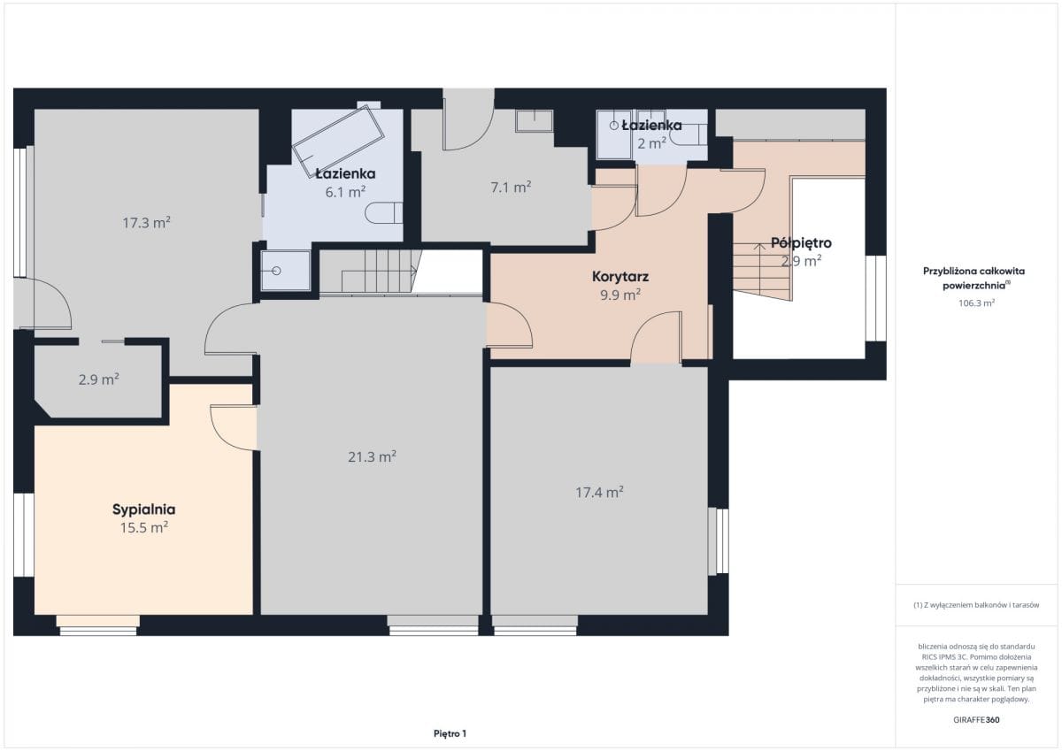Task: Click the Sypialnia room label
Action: click(143, 510)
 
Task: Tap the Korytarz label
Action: click(620, 276)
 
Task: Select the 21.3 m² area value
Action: click(373, 456)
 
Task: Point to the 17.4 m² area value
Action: click(599, 493)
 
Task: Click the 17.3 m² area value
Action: click(147, 223)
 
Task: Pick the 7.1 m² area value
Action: click(511, 188)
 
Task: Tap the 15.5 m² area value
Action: click(144, 527)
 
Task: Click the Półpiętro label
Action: click(801, 243)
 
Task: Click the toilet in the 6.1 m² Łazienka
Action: click(383, 213)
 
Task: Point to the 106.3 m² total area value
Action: click(976, 303)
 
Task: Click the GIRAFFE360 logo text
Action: click(976, 720)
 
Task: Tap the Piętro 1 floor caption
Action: click(450, 733)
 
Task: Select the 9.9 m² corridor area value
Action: click(620, 295)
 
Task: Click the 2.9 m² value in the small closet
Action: click(98, 379)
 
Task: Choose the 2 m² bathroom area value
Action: click(652, 143)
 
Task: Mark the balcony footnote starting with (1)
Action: click(976, 605)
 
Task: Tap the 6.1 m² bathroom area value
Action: click(345, 192)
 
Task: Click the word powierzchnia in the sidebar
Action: click(974, 286)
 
